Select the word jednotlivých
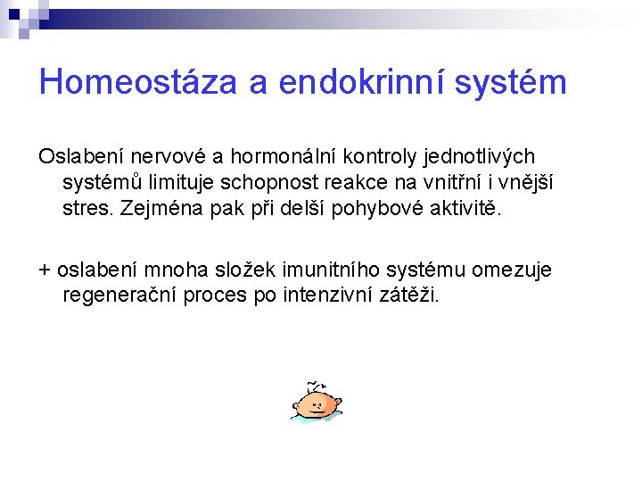(477, 157)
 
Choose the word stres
(85, 209)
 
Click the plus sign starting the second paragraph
(45, 270)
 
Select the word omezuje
(512, 270)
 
